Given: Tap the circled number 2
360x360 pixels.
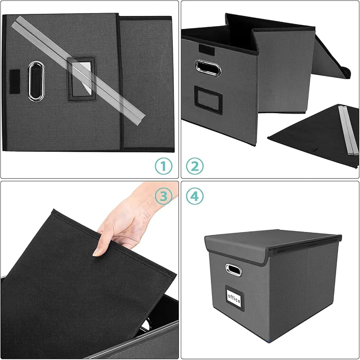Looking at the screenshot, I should [195, 166].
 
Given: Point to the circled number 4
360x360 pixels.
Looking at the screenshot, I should [195, 196].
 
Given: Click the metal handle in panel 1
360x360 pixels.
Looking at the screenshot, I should [35, 81].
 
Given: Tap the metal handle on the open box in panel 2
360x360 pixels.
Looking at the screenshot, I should [208, 67].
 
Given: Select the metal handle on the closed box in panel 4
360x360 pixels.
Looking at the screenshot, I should [232, 269].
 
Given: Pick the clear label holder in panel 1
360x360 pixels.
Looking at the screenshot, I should [81, 78].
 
